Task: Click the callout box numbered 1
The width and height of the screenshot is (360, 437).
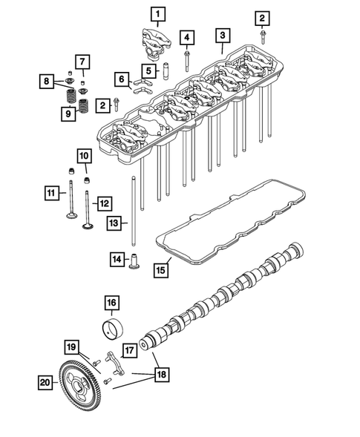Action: click(x=160, y=13)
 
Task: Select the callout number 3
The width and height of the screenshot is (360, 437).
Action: click(x=221, y=35)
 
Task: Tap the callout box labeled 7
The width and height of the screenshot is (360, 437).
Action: click(x=82, y=61)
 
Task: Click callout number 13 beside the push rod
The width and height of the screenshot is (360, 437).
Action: click(x=113, y=222)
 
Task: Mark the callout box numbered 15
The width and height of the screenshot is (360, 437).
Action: click(x=161, y=271)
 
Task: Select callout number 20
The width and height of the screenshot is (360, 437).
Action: click(x=46, y=382)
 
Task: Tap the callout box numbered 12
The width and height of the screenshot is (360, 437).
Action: click(x=104, y=201)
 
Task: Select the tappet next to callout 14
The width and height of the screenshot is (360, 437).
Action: click(x=135, y=262)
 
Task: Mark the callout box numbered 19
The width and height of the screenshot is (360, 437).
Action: click(x=71, y=346)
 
